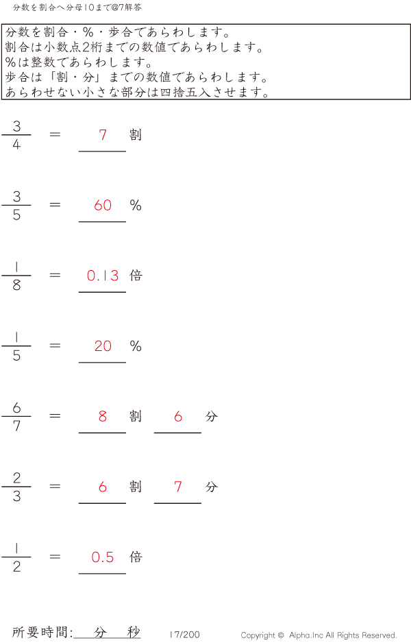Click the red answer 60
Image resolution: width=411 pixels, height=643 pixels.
point(103,205)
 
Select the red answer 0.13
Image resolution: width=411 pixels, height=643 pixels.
point(103,276)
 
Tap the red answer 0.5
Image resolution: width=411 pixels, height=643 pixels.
point(103,557)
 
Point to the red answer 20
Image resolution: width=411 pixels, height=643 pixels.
point(103,346)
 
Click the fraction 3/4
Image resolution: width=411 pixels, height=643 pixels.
point(16,135)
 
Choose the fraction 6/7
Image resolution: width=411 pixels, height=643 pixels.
point(16,417)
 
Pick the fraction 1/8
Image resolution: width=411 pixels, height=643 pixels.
point(16,276)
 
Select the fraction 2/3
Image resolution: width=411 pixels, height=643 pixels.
point(16,487)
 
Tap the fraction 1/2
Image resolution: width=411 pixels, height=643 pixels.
point(16,557)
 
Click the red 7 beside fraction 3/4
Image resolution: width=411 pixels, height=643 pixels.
point(103,135)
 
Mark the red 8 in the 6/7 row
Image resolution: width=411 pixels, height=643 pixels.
point(103,416)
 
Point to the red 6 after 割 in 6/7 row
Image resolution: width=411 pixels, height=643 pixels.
point(178,416)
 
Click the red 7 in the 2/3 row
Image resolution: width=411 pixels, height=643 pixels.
point(178,487)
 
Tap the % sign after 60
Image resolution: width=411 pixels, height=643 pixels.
point(136,205)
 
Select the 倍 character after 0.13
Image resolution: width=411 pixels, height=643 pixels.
point(136,276)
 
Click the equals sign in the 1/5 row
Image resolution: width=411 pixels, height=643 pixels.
point(55,345)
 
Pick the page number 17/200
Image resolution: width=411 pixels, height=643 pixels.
point(184,635)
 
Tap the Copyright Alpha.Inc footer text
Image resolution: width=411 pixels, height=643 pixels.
point(319,635)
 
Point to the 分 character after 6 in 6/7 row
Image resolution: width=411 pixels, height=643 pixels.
point(212,416)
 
